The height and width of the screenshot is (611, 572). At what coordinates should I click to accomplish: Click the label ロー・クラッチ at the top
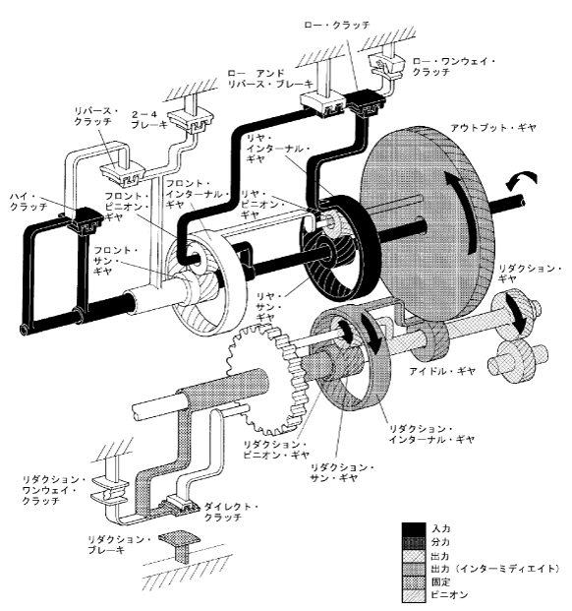click(x=337, y=25)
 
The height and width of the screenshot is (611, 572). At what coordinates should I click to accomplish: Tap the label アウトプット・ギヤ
click(x=493, y=128)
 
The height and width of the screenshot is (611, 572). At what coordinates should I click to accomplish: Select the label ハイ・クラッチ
click(x=29, y=201)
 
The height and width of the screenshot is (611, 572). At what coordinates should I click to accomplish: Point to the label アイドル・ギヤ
click(x=442, y=371)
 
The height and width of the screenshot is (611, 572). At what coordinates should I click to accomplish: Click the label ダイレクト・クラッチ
click(x=231, y=512)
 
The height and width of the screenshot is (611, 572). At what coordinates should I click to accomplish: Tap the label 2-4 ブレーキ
click(x=144, y=120)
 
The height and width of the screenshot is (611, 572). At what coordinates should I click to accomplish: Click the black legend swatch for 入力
click(x=414, y=529)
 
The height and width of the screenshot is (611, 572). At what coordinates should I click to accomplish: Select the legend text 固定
click(x=440, y=581)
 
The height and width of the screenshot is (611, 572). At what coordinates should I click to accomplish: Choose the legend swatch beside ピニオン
click(x=414, y=595)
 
